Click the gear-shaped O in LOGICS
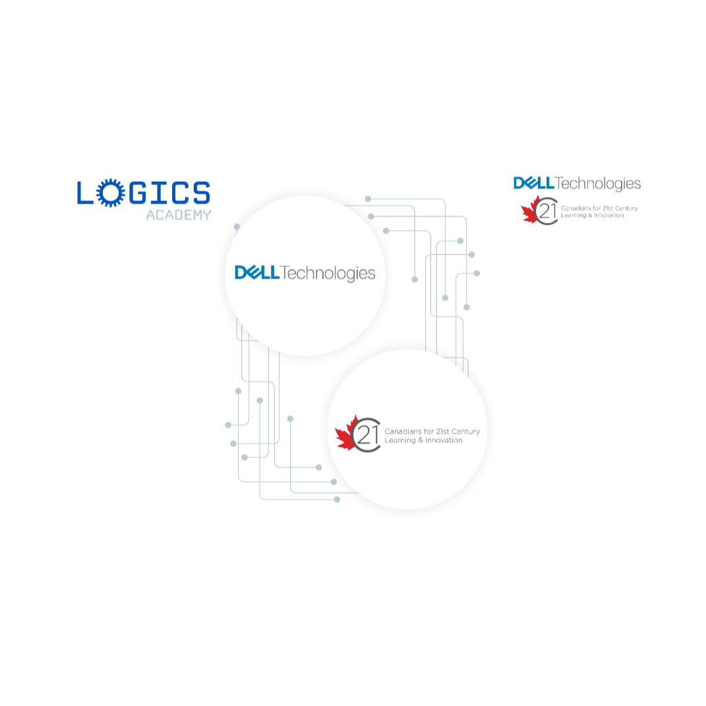point(109,193)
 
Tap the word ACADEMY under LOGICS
point(178,215)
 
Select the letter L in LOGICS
point(86,193)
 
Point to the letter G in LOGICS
point(136,193)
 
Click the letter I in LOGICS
point(156,193)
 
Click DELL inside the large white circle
point(258,272)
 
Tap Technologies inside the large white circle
point(328,274)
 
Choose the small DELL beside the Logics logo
point(534,183)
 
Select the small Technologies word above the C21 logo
point(598,184)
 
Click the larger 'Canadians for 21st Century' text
point(432,431)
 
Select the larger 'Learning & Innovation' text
point(423,440)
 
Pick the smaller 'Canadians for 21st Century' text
point(599,208)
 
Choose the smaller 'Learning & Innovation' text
point(592,216)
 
